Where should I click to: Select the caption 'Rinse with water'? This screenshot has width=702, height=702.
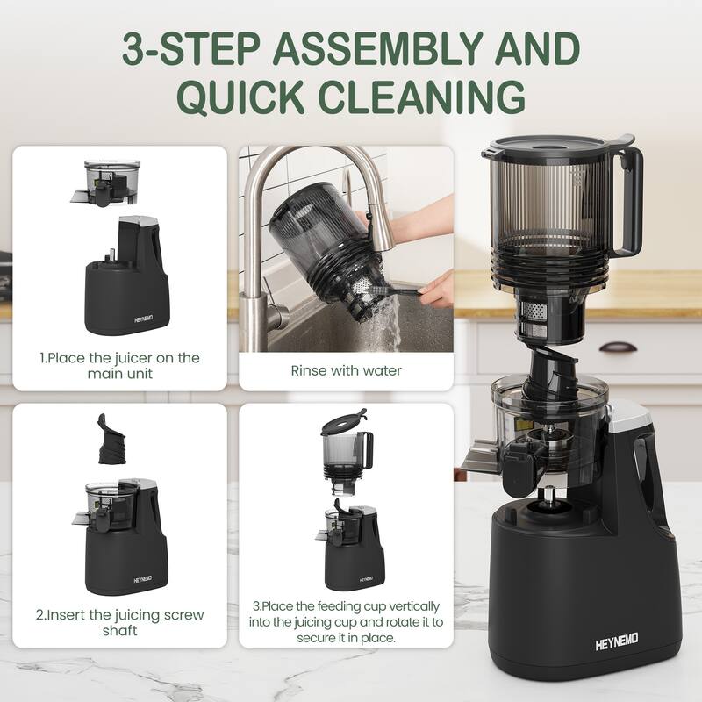point(346,370)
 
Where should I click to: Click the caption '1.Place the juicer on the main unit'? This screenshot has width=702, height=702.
point(119,366)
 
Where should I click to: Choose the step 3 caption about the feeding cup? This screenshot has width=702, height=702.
point(346,622)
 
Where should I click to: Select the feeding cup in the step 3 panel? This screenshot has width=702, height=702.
point(346,456)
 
